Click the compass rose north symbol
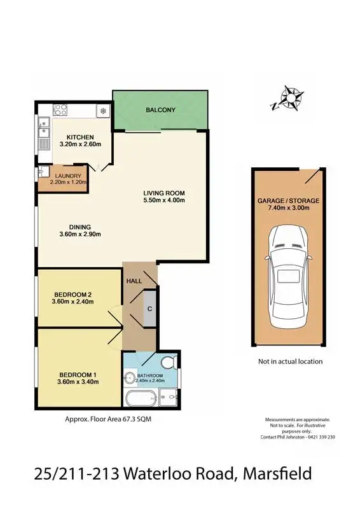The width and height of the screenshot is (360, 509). pos(290,98)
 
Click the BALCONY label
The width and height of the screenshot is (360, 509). pos(160,110)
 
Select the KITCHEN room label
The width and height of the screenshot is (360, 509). pos(77,137)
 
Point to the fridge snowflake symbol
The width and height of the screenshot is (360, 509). pos(102,111)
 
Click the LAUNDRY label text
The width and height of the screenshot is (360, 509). pos(67,176)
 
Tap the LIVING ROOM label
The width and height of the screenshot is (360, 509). pos(163,193)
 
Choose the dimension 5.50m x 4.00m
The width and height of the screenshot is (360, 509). pos(163,200)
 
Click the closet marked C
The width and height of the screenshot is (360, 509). pos(149,309)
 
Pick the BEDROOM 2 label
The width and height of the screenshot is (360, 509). pos(73,294)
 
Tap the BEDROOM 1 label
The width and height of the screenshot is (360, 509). pos(73,374)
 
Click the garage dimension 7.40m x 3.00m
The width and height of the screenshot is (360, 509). pos(288,207)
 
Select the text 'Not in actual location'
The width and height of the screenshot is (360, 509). pos(290,361)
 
